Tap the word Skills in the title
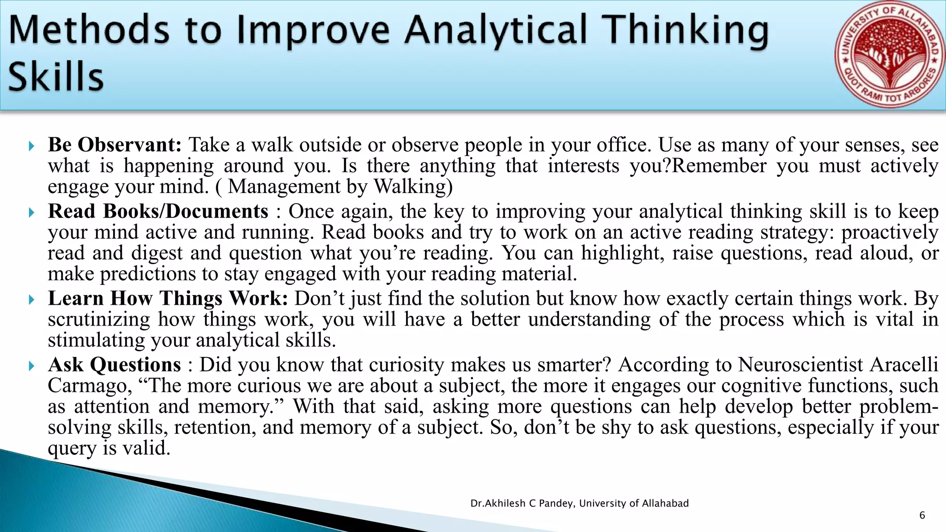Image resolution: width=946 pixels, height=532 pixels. point(55,77)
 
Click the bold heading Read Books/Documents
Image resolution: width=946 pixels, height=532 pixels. point(158,212)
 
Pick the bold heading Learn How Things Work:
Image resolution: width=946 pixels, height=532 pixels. point(168,298)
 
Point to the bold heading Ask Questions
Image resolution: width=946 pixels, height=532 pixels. point(115,365)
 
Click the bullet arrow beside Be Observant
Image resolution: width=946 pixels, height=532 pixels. point(31,146)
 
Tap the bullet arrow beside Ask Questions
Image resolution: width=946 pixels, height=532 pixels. point(31,366)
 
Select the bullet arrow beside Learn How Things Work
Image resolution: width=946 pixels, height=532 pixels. point(31,300)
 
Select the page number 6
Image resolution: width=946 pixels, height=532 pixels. point(922,515)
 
